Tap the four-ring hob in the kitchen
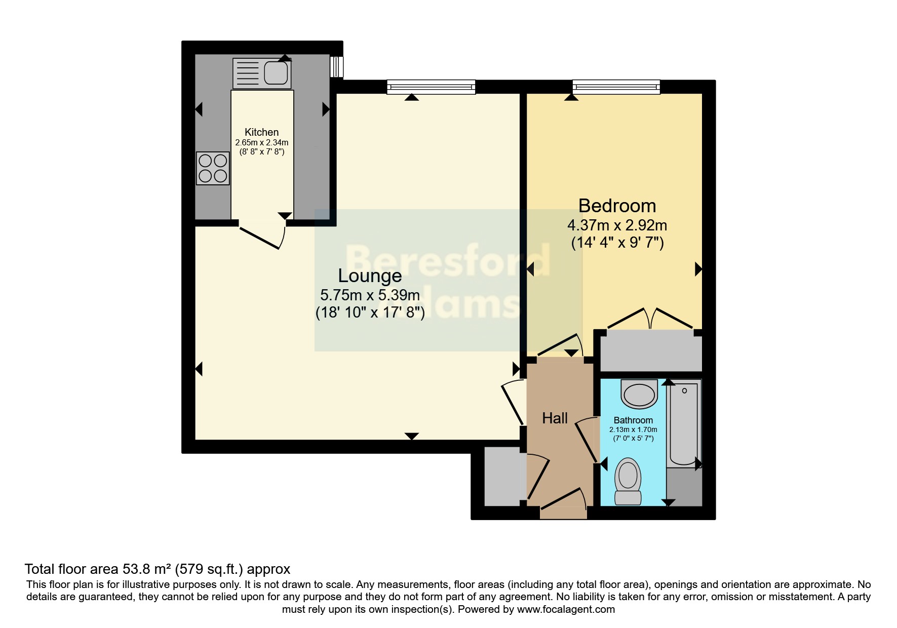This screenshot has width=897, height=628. coord(213,169)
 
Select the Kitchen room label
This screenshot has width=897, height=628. coord(261,132)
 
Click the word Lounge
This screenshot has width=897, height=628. coord(370,276)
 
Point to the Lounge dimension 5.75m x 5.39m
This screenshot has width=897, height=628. coord(370,295)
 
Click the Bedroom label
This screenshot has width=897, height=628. coord(617,206)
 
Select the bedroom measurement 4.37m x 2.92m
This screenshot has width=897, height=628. coord(617,225)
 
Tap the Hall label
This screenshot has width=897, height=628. coord(555,418)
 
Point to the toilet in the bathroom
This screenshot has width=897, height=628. coord(628,481)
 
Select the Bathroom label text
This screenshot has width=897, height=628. coord(633,420)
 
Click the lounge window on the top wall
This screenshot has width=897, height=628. coord(431,87)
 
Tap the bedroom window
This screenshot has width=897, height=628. coord(616,87)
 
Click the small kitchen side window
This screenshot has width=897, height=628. coord(336,67)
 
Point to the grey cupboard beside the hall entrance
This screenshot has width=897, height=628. coord(503,477)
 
